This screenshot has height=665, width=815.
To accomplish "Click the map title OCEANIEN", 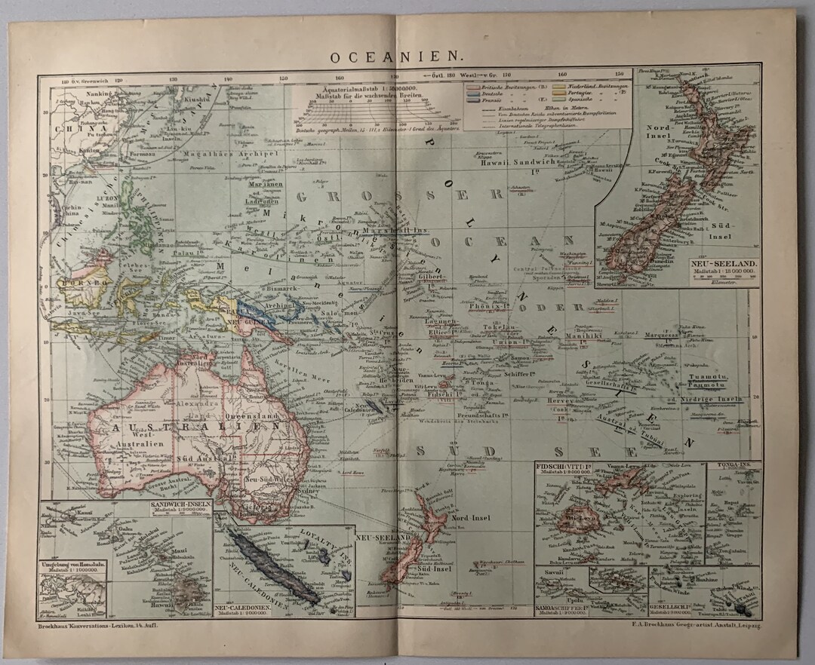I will click(396, 57).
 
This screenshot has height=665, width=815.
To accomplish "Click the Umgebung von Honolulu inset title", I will click(72, 564).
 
